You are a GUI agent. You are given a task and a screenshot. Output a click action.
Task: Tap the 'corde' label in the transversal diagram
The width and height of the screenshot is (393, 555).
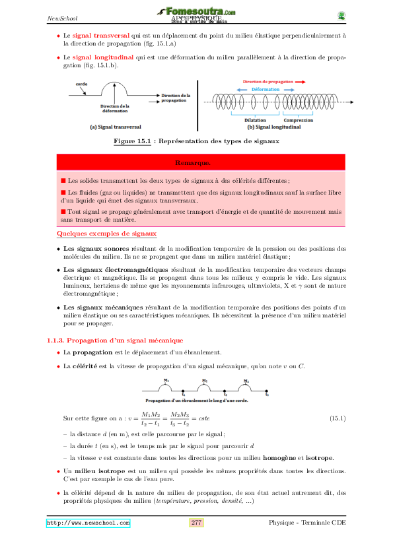point(81,84)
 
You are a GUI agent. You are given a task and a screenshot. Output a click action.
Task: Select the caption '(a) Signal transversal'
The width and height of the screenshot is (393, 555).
point(99,127)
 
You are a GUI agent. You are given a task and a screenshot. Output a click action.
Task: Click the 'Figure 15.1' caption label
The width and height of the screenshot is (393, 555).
point(135,141)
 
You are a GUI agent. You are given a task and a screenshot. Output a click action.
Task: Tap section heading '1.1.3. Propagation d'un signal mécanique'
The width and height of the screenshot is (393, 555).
point(115,340)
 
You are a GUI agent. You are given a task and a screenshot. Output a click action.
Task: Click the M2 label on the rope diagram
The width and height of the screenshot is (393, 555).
point(205,381)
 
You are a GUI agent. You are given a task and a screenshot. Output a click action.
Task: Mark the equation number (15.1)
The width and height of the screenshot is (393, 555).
point(337,418)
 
